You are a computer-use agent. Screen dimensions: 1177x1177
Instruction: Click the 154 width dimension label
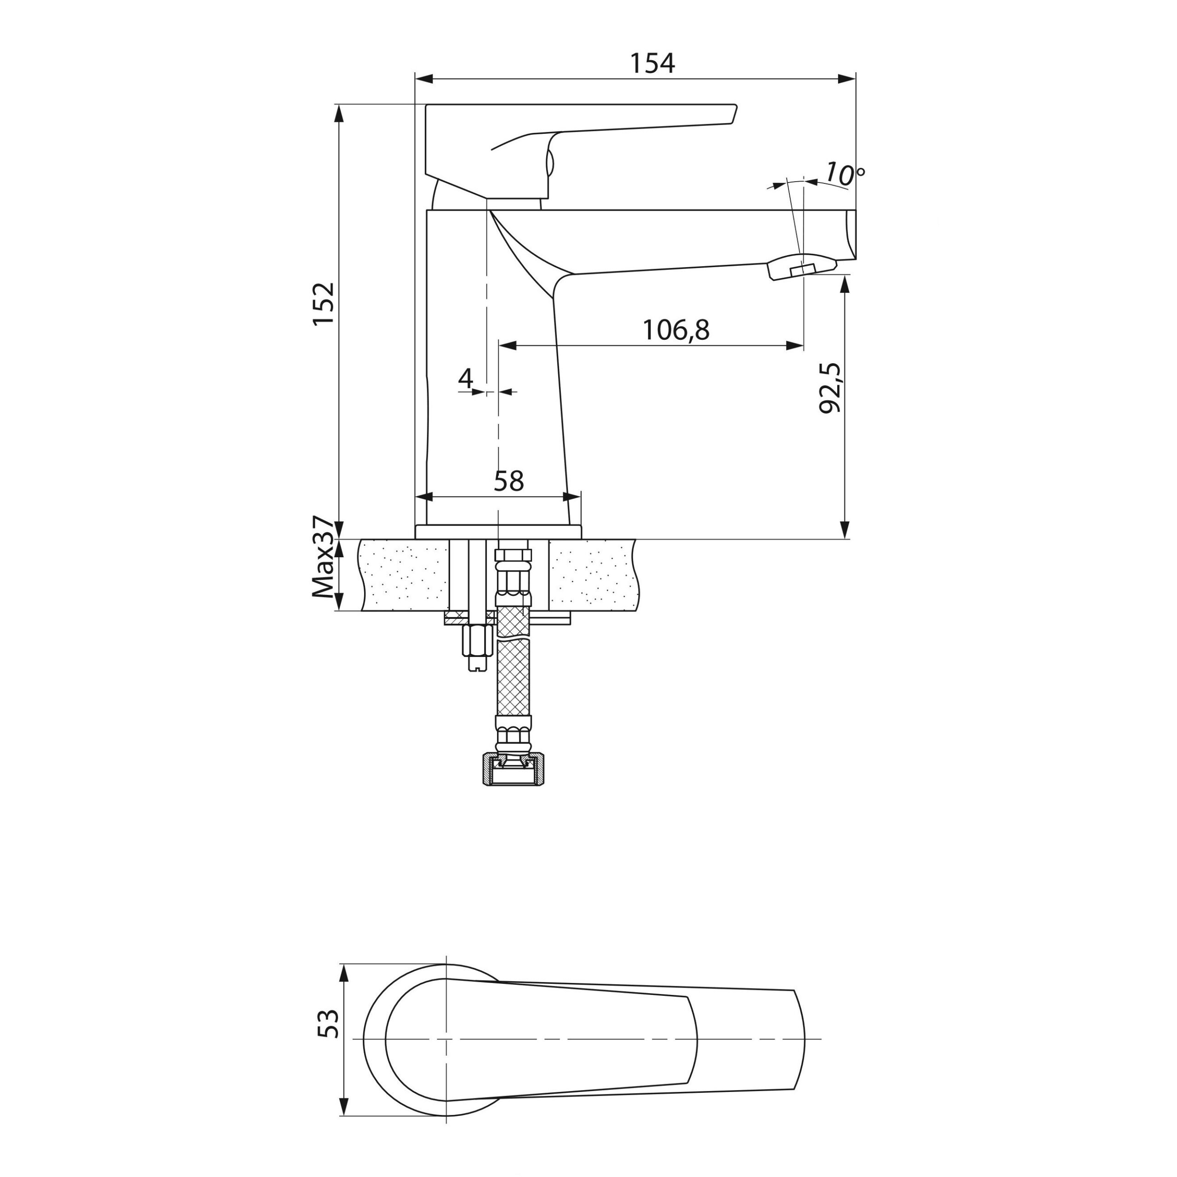tap(652, 63)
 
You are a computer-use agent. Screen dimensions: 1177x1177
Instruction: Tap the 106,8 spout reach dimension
tap(676, 330)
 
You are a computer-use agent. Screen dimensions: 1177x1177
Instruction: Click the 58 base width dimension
tap(509, 481)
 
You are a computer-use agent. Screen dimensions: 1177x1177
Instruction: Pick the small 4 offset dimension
tap(465, 378)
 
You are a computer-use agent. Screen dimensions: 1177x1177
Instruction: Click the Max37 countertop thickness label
tap(324, 557)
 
